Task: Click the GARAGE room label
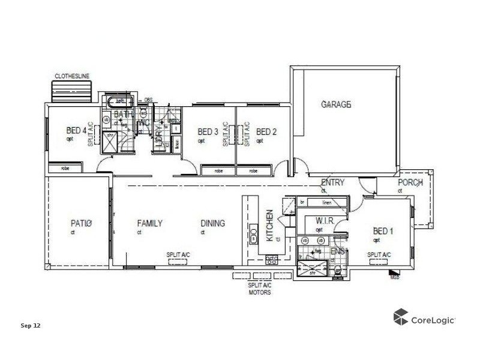[x=335, y=104]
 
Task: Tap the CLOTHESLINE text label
[x=72, y=76]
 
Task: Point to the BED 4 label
[x=76, y=131]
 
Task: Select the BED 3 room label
[x=208, y=132]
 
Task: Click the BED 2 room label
[x=266, y=132]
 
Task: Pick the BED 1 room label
[x=383, y=231]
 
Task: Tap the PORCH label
[x=410, y=182]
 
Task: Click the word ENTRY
[x=332, y=182]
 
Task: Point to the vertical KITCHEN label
[x=270, y=226]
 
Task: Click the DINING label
[x=212, y=224]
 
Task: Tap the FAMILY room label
[x=149, y=224]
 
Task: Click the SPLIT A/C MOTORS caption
[x=260, y=290]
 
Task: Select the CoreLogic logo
[x=424, y=317]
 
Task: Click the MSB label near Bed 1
[x=395, y=277]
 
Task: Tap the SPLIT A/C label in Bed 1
[x=379, y=255]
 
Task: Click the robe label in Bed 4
[x=65, y=169]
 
